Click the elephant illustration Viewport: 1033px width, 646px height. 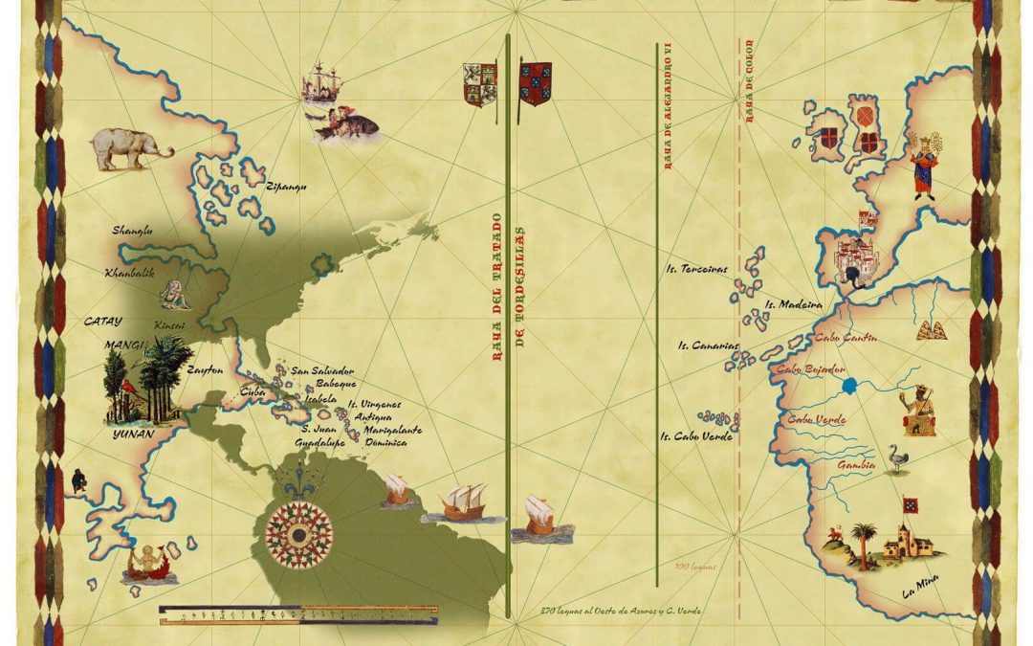131,148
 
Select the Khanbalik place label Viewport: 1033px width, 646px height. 131,273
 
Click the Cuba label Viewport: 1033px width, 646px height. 252,391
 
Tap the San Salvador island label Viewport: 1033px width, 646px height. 322,370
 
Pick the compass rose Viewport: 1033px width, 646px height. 299,528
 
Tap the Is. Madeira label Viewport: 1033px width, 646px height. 793,305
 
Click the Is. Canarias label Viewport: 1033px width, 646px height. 709,345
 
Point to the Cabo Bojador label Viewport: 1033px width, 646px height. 810,369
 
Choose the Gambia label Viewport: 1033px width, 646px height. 829,464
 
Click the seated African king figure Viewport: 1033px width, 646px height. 917,411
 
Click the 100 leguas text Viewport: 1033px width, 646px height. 694,568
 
